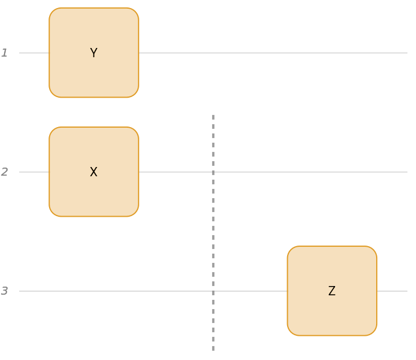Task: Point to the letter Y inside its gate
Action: [94, 53]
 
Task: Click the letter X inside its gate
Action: [94, 172]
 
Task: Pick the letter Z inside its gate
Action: [332, 291]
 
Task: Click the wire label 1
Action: [5, 53]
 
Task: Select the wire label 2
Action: [5, 172]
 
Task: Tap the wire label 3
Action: [5, 291]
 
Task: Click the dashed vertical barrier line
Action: [213, 231]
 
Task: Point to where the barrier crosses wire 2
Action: [213, 172]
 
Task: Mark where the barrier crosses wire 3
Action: [213, 291]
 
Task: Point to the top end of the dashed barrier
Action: [213, 116]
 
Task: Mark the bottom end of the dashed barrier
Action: [213, 349]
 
